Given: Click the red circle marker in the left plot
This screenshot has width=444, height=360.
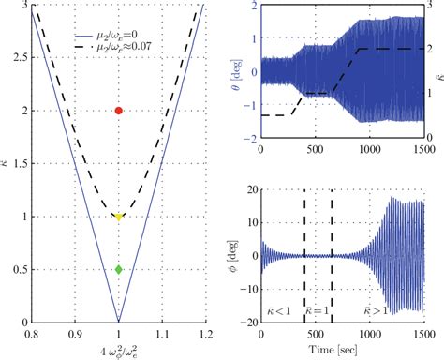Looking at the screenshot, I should (118, 111).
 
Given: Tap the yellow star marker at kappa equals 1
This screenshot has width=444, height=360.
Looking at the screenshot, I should (118, 217).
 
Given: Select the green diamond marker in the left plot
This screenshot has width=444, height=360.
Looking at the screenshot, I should (118, 269).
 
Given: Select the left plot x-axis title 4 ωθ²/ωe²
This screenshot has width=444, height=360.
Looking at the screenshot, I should (117, 349).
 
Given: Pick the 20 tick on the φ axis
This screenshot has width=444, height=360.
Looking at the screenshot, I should (248, 191).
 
